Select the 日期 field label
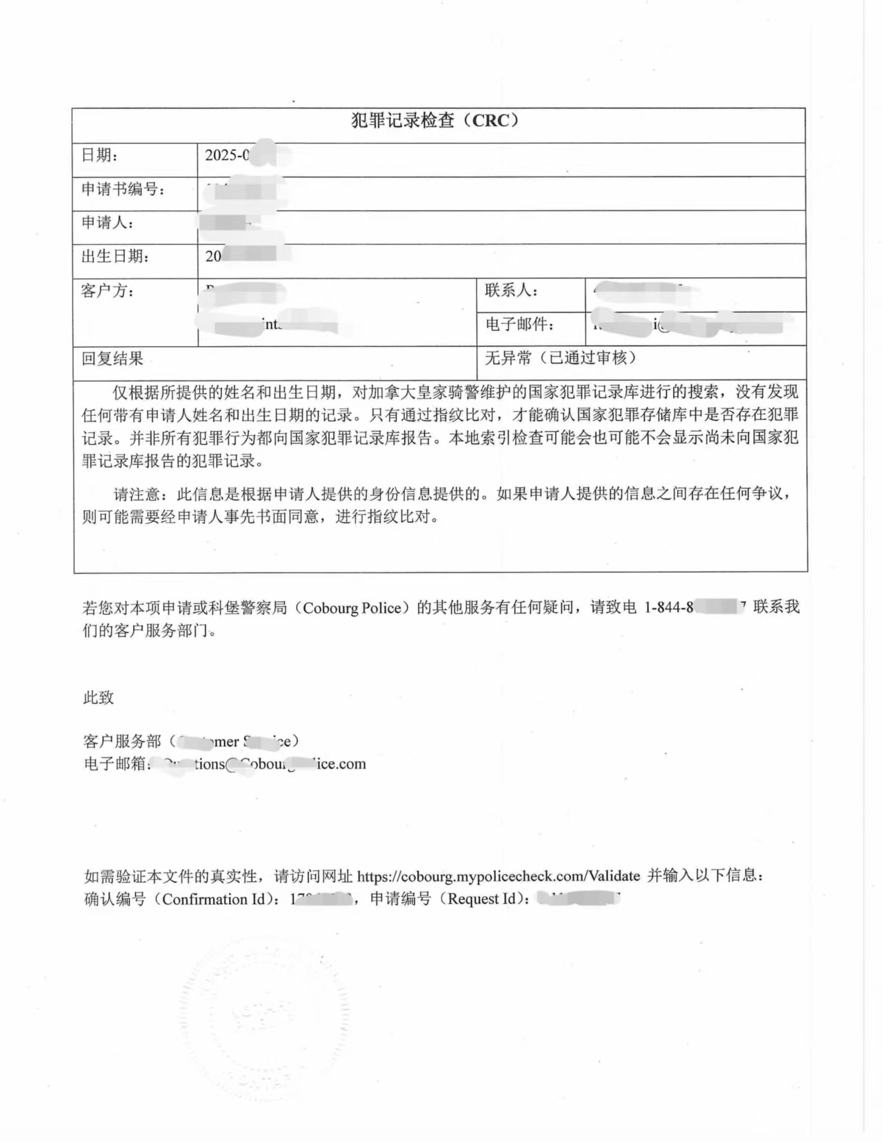[x=99, y=155]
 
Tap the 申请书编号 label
[x=123, y=189]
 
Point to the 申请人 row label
[x=107, y=223]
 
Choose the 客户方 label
[x=107, y=291]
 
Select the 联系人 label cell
[x=511, y=290]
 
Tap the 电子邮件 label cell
[x=519, y=324]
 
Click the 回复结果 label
[x=112, y=359]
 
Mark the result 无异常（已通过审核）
[x=560, y=358]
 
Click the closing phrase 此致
[x=99, y=698]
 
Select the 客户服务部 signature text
[x=122, y=741]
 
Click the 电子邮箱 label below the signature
[x=114, y=764]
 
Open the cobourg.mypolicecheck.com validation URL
[x=499, y=876]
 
